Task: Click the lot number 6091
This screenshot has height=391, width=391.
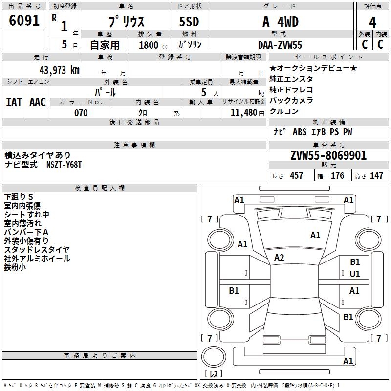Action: tap(24, 21)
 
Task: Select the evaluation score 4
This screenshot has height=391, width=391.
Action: tap(372, 22)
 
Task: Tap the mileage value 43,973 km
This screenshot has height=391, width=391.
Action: tap(60, 70)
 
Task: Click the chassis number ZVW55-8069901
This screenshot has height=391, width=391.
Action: tap(328, 155)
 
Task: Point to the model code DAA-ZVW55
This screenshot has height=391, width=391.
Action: tap(280, 45)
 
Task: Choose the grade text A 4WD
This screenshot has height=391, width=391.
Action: tap(281, 22)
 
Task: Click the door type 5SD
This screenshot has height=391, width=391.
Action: tap(189, 22)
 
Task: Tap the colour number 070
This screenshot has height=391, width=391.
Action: tap(81, 113)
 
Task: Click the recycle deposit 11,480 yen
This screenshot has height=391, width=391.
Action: tap(247, 113)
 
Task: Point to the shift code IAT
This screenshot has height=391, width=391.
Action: tap(14, 102)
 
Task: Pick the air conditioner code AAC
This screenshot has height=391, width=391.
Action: tap(38, 102)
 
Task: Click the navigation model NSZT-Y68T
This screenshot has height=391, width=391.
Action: tap(64, 165)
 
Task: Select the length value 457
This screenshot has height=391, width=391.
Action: tap(297, 175)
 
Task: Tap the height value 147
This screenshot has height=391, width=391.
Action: tap(376, 175)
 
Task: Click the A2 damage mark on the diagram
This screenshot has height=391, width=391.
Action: tap(279, 258)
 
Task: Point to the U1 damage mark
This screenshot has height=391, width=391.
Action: tap(355, 274)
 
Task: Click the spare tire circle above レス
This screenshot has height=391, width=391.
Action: tap(214, 357)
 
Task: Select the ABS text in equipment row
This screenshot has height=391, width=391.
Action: tap(300, 132)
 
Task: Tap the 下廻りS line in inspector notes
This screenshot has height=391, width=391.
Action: tap(19, 197)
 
